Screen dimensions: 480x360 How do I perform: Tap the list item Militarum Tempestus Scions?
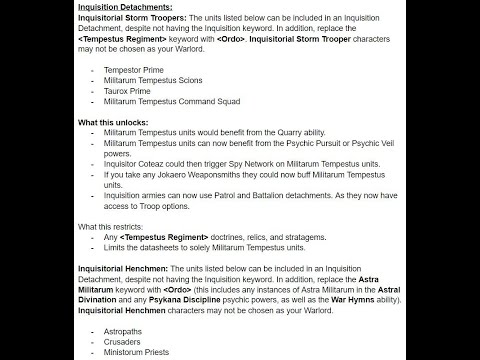(x=159, y=81)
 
